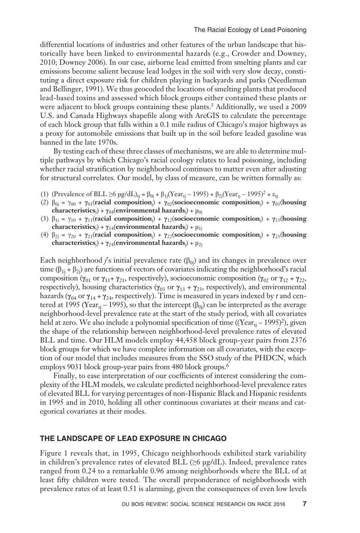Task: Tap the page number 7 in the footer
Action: tap(304, 504)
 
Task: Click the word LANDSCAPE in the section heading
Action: tap(74, 439)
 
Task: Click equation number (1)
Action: tap(45, 193)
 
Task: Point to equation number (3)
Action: tap(45, 219)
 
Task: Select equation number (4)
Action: tap(45, 235)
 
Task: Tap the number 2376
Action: tap(298, 340)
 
